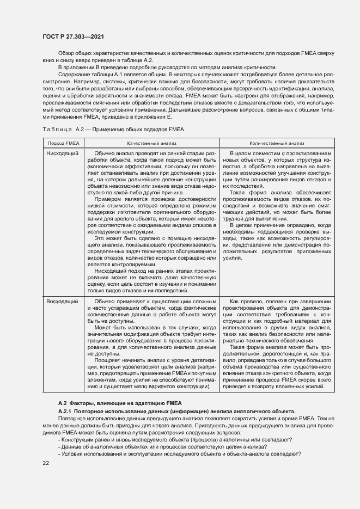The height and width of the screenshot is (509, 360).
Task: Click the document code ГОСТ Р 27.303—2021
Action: point(73,36)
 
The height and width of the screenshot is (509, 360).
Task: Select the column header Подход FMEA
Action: point(64,143)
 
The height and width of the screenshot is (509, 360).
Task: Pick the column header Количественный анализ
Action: point(277,143)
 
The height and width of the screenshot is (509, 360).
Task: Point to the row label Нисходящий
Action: point(63,154)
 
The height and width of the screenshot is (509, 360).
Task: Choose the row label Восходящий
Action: point(63,301)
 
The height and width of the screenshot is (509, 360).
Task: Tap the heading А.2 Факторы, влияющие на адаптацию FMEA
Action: point(116,402)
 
